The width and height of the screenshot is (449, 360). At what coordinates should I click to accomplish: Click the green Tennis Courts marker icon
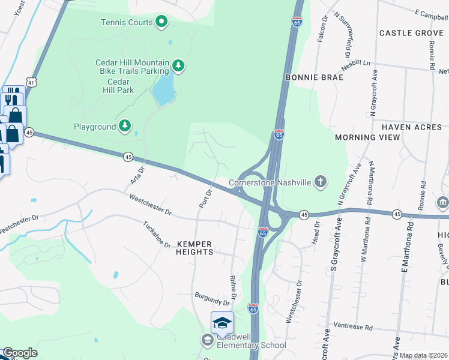[161, 23]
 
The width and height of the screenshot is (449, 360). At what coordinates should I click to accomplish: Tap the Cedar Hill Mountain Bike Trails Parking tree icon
[178, 65]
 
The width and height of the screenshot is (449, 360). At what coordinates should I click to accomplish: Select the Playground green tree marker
[124, 126]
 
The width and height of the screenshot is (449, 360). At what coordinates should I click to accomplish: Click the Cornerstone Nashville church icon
[321, 181]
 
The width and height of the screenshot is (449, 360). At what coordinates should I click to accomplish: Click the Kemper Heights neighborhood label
[195, 248]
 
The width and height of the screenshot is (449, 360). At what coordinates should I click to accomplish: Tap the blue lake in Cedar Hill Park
[163, 88]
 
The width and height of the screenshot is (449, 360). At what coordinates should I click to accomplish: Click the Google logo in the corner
[20, 353]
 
